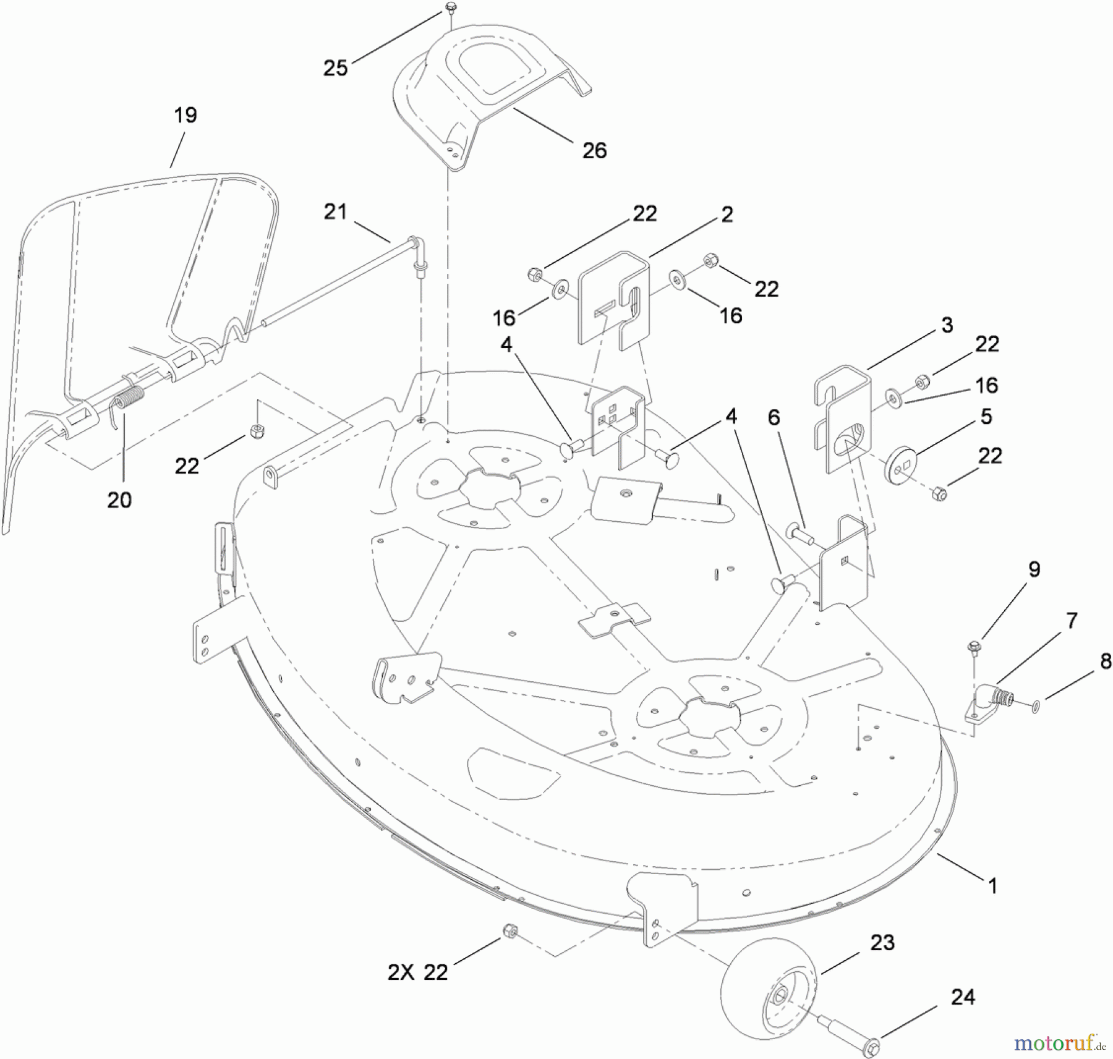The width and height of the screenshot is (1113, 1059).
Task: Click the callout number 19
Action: click(x=185, y=115)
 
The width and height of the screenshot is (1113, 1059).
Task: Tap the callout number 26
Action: click(x=594, y=150)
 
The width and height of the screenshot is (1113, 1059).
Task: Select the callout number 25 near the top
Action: click(x=336, y=68)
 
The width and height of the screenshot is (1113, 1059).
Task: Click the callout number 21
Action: click(x=336, y=212)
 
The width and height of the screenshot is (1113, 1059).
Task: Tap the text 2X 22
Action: click(x=417, y=972)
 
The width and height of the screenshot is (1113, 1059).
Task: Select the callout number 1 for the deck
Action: click(x=993, y=886)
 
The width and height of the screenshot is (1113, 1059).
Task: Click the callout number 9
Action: click(x=1034, y=569)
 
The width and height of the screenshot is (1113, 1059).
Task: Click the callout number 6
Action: click(x=774, y=418)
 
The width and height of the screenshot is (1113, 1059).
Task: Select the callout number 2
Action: click(x=727, y=215)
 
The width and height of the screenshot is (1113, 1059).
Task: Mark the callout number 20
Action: click(x=119, y=500)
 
